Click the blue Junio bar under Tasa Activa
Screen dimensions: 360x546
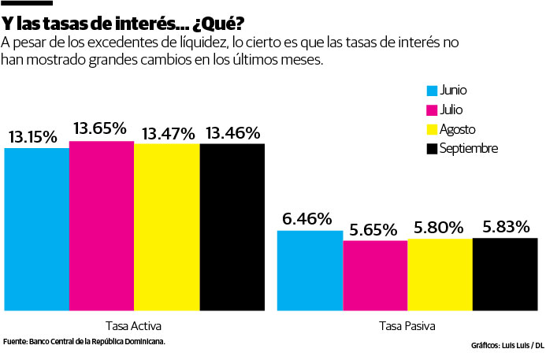click(x=36, y=228)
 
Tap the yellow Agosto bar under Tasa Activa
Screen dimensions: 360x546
click(x=166, y=228)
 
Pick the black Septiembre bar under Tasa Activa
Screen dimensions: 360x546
click(x=232, y=228)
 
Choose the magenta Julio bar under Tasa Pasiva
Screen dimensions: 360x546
click(x=374, y=275)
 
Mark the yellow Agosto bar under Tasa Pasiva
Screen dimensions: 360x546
click(x=440, y=274)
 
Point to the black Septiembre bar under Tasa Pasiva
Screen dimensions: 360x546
click(x=505, y=273)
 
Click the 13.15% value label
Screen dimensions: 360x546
click(x=33, y=136)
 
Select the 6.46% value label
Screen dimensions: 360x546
click(x=307, y=219)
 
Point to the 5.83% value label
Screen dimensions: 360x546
click(x=507, y=227)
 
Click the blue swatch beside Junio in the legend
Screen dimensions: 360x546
click(x=431, y=91)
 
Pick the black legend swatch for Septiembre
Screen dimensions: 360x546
click(x=431, y=148)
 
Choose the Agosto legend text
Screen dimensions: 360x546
click(x=458, y=129)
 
